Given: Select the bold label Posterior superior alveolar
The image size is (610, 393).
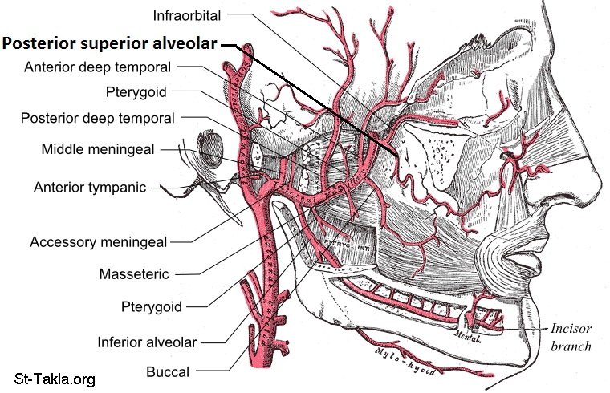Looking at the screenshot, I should point(109,45).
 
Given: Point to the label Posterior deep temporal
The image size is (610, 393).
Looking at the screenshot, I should point(97,119).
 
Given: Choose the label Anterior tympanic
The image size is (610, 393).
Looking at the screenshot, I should point(90,188).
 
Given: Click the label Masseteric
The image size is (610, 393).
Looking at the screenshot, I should point(134,274).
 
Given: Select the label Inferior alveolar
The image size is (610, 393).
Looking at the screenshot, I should point(147,342).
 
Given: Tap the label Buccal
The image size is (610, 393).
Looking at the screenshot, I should point(168,371).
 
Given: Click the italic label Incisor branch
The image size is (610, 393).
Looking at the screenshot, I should point(571,338).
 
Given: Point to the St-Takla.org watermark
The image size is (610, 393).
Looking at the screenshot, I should point(55,378).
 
